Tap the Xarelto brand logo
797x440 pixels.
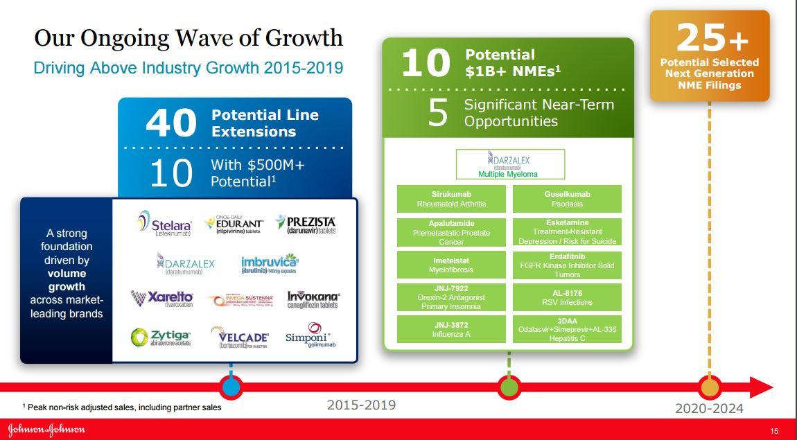click(162, 299)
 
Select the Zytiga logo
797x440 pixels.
click(161, 337)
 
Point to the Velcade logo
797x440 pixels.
click(239, 337)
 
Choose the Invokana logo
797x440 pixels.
click(313, 299)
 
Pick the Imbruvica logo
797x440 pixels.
click(270, 264)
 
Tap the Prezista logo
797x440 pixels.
click(306, 224)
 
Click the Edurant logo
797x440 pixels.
click(234, 225)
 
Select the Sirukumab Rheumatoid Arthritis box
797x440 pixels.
click(450, 199)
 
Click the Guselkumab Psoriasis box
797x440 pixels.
click(567, 199)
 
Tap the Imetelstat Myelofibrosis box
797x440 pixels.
click(450, 265)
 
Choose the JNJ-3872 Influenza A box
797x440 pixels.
click(450, 329)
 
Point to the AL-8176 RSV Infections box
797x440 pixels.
click(567, 297)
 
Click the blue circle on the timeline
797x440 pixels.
click(231, 387)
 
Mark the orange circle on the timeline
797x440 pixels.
click(709, 387)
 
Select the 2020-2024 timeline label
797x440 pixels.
click(709, 409)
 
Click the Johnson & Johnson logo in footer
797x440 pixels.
click(46, 429)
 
